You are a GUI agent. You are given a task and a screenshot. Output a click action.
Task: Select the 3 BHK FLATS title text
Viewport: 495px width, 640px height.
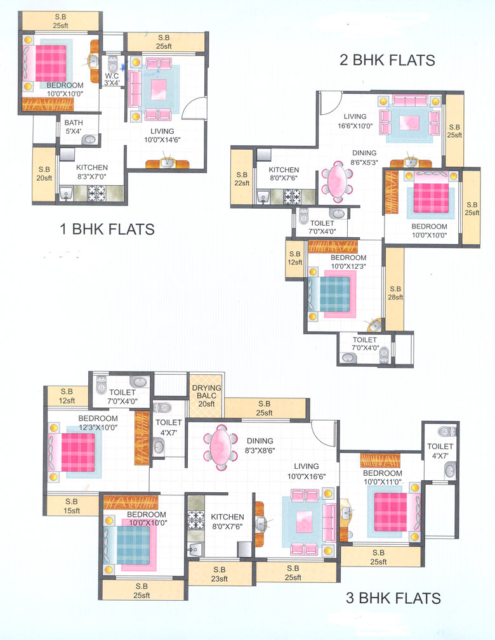393,598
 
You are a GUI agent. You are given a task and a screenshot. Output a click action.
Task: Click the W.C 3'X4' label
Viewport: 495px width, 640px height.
112,81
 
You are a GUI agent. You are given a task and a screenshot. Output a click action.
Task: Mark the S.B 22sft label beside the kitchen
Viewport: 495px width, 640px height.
242,179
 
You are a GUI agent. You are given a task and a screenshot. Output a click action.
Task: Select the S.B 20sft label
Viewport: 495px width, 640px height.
44,174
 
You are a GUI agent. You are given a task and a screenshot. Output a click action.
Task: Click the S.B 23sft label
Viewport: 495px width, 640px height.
220,573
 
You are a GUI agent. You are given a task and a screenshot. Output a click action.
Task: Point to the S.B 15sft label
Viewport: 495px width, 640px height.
72,506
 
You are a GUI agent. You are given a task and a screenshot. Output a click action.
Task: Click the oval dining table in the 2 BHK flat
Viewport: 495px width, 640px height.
337,181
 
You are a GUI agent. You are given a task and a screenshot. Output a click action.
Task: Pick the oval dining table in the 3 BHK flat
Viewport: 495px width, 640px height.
220,447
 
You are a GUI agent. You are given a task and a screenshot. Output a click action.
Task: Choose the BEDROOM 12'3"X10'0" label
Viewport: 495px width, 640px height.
98,423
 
